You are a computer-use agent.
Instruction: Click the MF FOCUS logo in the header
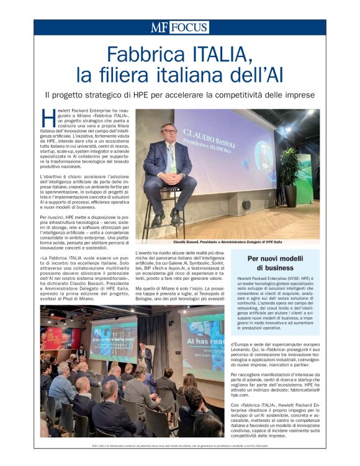pos(179,27)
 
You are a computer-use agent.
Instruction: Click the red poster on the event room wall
pos(53,339)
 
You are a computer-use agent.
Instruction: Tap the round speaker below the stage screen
pos(246,204)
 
